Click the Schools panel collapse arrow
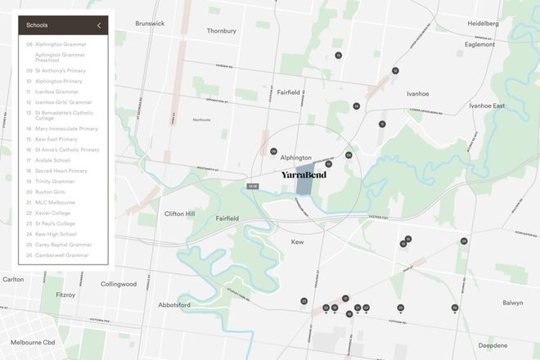coord(99,25)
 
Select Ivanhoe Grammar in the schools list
coord(57,92)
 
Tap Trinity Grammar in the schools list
coord(56,181)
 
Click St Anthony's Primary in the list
coord(61,71)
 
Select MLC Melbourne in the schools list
coord(56,201)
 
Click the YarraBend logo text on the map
coord(304,175)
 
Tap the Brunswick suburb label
coord(151,24)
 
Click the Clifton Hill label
coord(179,214)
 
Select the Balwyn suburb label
coord(512,303)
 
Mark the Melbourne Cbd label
coord(33,342)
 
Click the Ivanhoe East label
coord(487,106)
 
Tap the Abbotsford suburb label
coord(174,304)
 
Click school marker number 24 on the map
coord(464,241)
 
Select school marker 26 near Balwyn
coord(455,308)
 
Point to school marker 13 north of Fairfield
coord(338,55)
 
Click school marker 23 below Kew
coord(304,301)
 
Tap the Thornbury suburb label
coord(222,31)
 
